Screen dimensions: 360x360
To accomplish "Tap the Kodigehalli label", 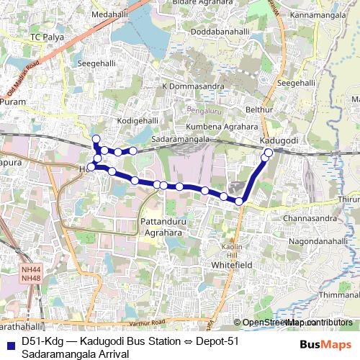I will pyautogui.click(x=137, y=120).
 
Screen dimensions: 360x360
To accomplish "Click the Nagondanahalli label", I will pyautogui.click(x=318, y=243).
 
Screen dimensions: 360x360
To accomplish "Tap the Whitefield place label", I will pyautogui.click(x=230, y=265).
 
